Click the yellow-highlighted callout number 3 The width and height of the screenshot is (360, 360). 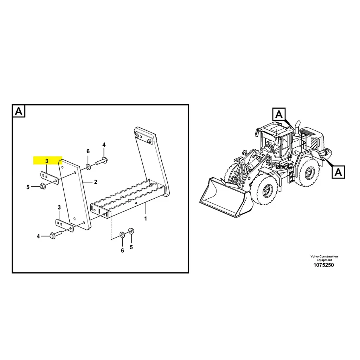tap(47, 161)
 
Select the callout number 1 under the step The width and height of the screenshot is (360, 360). tap(146, 218)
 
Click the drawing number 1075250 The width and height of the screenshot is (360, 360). tap(324, 265)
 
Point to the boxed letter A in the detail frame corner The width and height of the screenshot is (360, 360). tap(19, 111)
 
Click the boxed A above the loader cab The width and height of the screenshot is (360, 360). tap(279, 114)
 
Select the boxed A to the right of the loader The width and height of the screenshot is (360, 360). tap(338, 172)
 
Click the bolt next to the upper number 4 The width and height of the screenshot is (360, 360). tap(102, 162)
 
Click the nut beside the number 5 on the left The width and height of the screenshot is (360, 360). tap(42, 186)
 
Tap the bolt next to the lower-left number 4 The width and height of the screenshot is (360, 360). tap(56, 234)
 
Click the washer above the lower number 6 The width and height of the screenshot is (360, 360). tap(122, 234)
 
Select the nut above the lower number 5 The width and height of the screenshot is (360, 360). tap(131, 231)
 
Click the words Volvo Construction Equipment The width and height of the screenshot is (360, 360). tap(324, 258)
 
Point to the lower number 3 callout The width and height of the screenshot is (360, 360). tap(59, 208)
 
